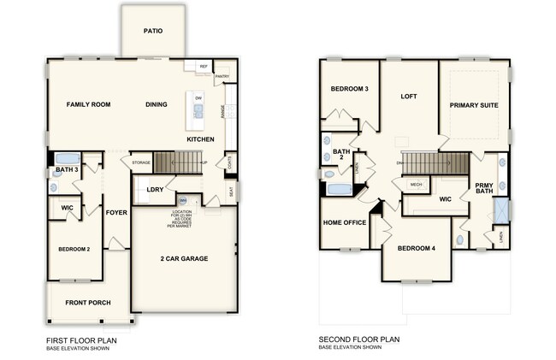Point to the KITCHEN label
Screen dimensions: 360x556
click(200, 139)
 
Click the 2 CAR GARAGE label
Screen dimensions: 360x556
click(184, 258)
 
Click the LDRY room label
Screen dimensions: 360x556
click(155, 189)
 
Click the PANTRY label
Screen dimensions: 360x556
click(222, 75)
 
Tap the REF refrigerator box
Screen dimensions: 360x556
click(204, 66)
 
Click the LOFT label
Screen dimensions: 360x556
click(409, 97)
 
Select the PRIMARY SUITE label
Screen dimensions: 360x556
click(474, 105)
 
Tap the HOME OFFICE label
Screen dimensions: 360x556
click(345, 222)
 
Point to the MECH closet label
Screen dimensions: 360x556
click(416, 184)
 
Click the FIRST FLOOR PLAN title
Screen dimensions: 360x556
click(81, 340)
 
